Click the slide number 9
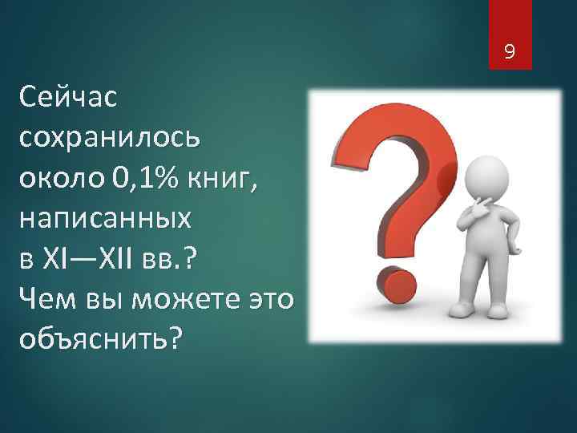508,55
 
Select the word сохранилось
106,138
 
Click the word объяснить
95,339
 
